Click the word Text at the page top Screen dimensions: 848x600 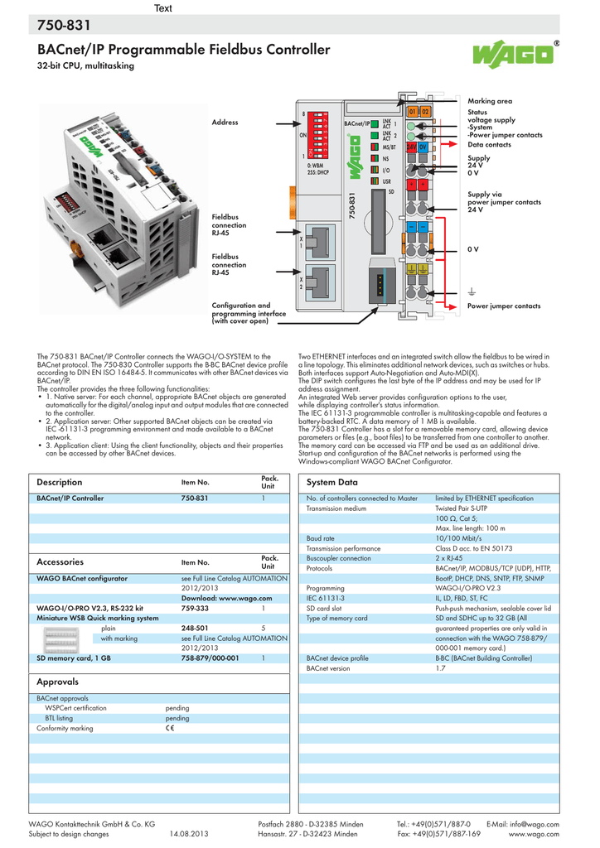[162, 8]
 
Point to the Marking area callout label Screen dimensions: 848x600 [490, 100]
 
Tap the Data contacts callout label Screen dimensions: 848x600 [488, 144]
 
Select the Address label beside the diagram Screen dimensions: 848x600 [225, 123]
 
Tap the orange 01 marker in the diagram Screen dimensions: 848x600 [413, 111]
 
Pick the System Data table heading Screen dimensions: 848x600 [331, 482]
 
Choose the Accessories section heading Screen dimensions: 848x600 [60, 561]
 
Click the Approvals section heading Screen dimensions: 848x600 [57, 682]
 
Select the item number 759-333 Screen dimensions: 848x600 [195, 608]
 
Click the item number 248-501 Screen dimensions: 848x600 [195, 628]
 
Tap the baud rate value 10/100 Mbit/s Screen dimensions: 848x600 [458, 537]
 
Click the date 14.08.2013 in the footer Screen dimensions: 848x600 [191, 834]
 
